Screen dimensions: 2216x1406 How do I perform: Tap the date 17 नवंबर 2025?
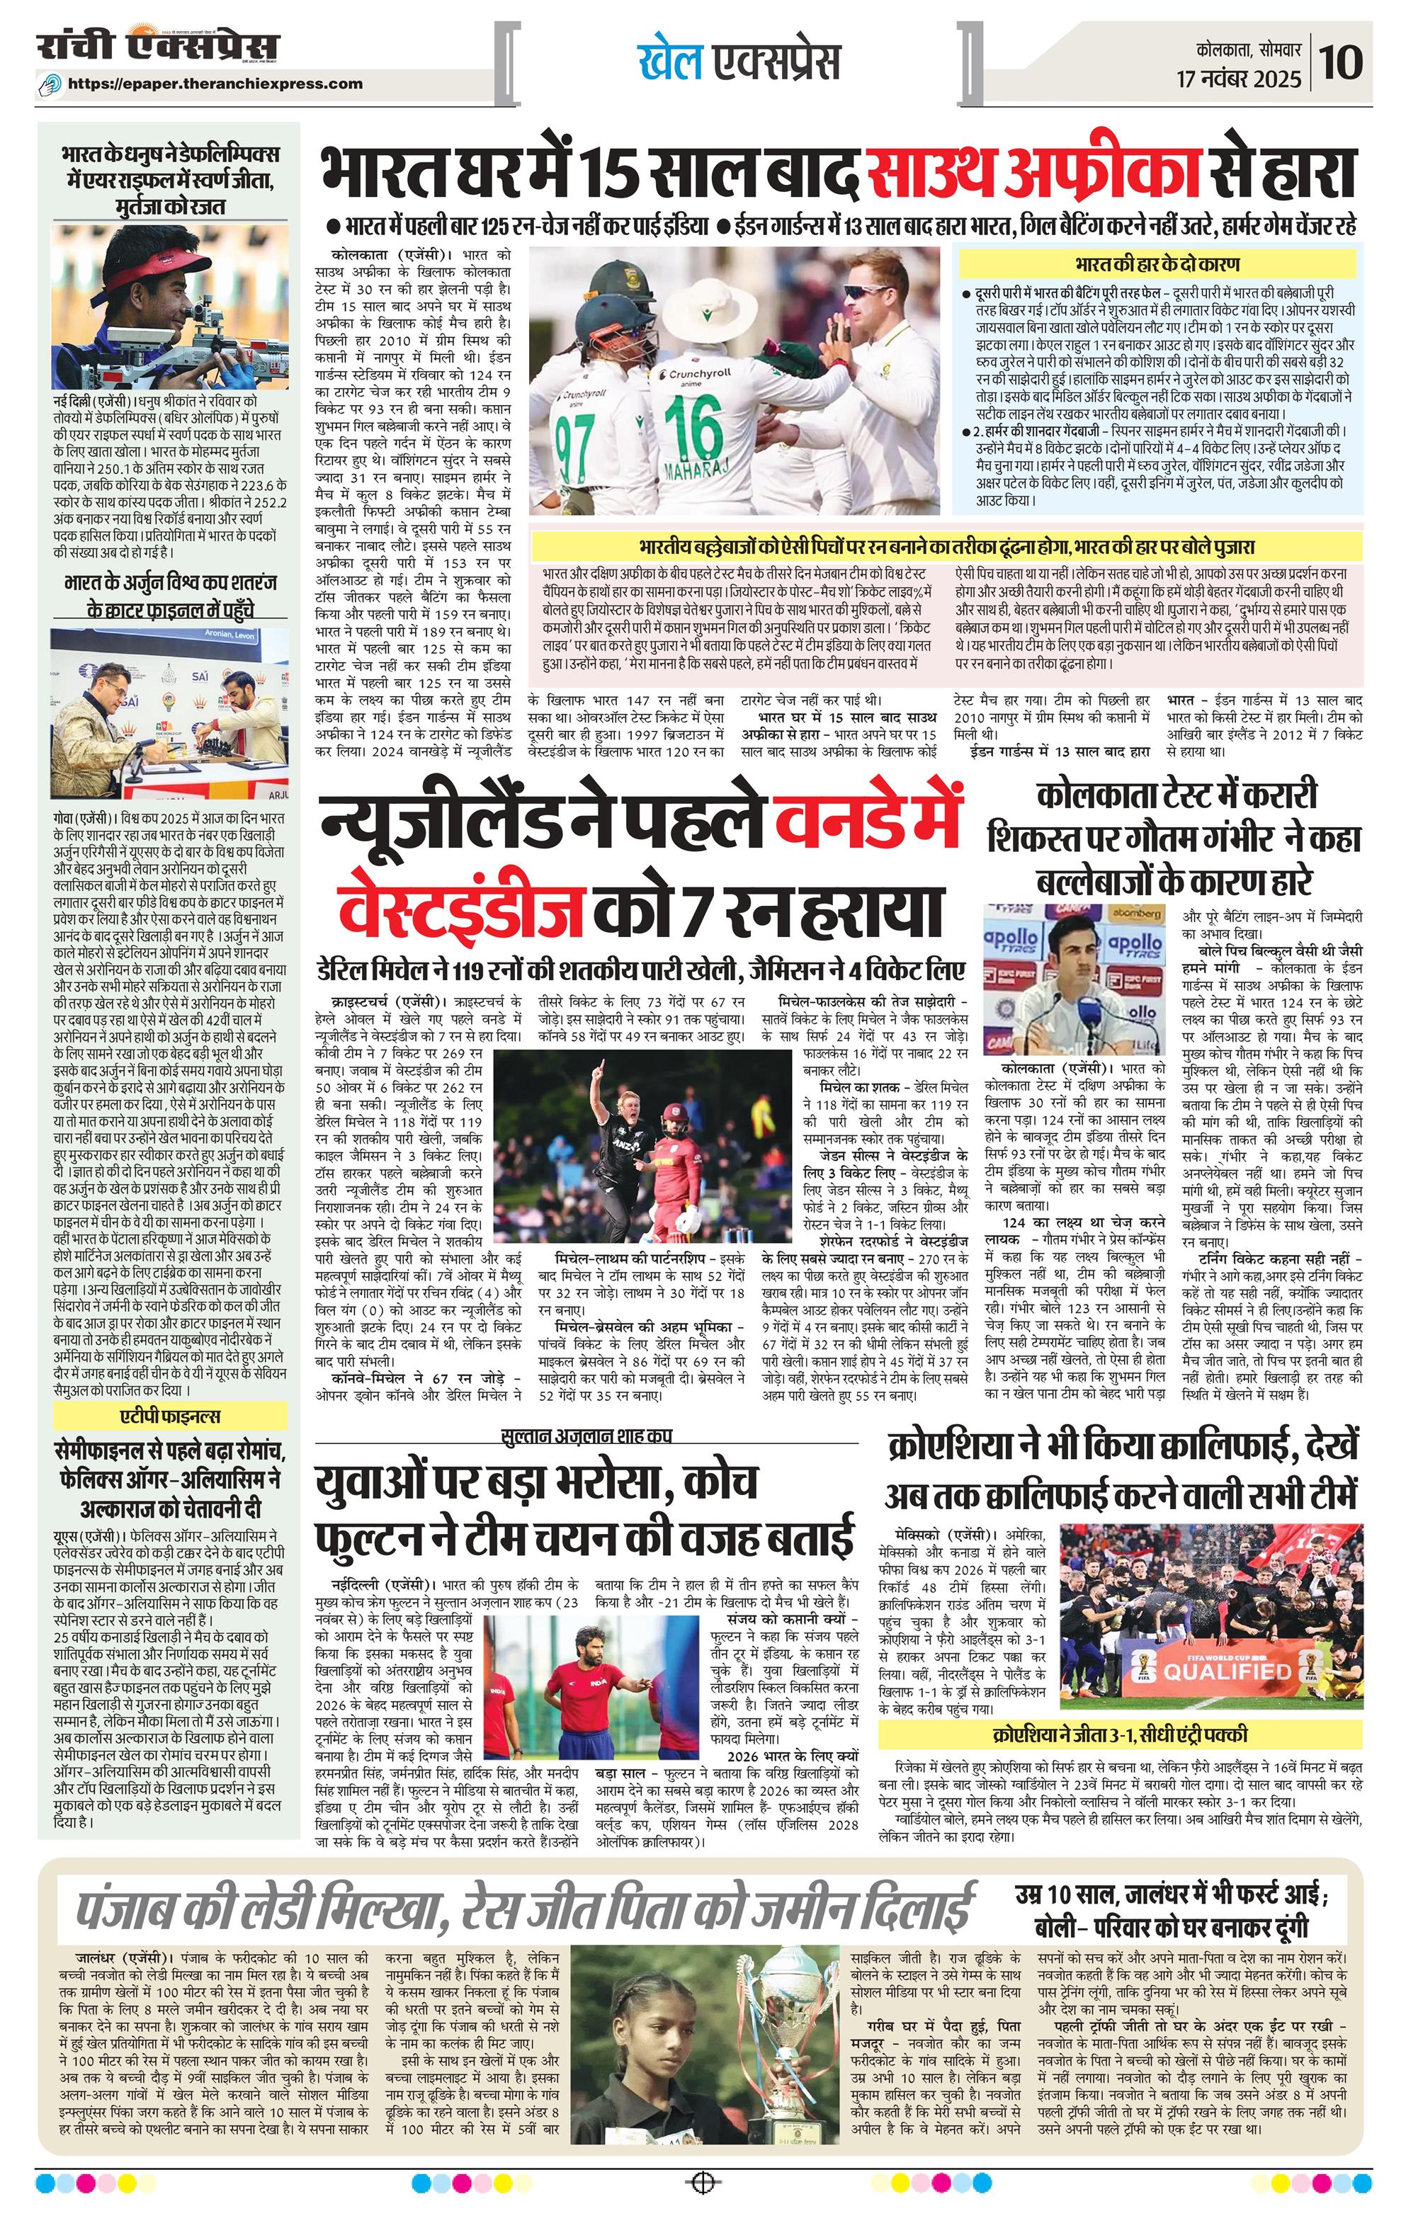click(1240, 79)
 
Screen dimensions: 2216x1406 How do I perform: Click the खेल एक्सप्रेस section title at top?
click(739, 62)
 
